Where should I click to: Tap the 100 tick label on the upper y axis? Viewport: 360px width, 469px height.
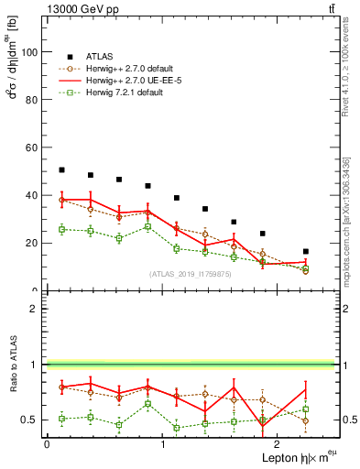pos(29,52)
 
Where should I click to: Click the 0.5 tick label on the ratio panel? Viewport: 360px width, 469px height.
pos(29,420)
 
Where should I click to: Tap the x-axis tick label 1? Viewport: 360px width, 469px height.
pos(163,445)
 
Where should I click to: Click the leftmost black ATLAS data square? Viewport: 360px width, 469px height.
pos(61,170)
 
